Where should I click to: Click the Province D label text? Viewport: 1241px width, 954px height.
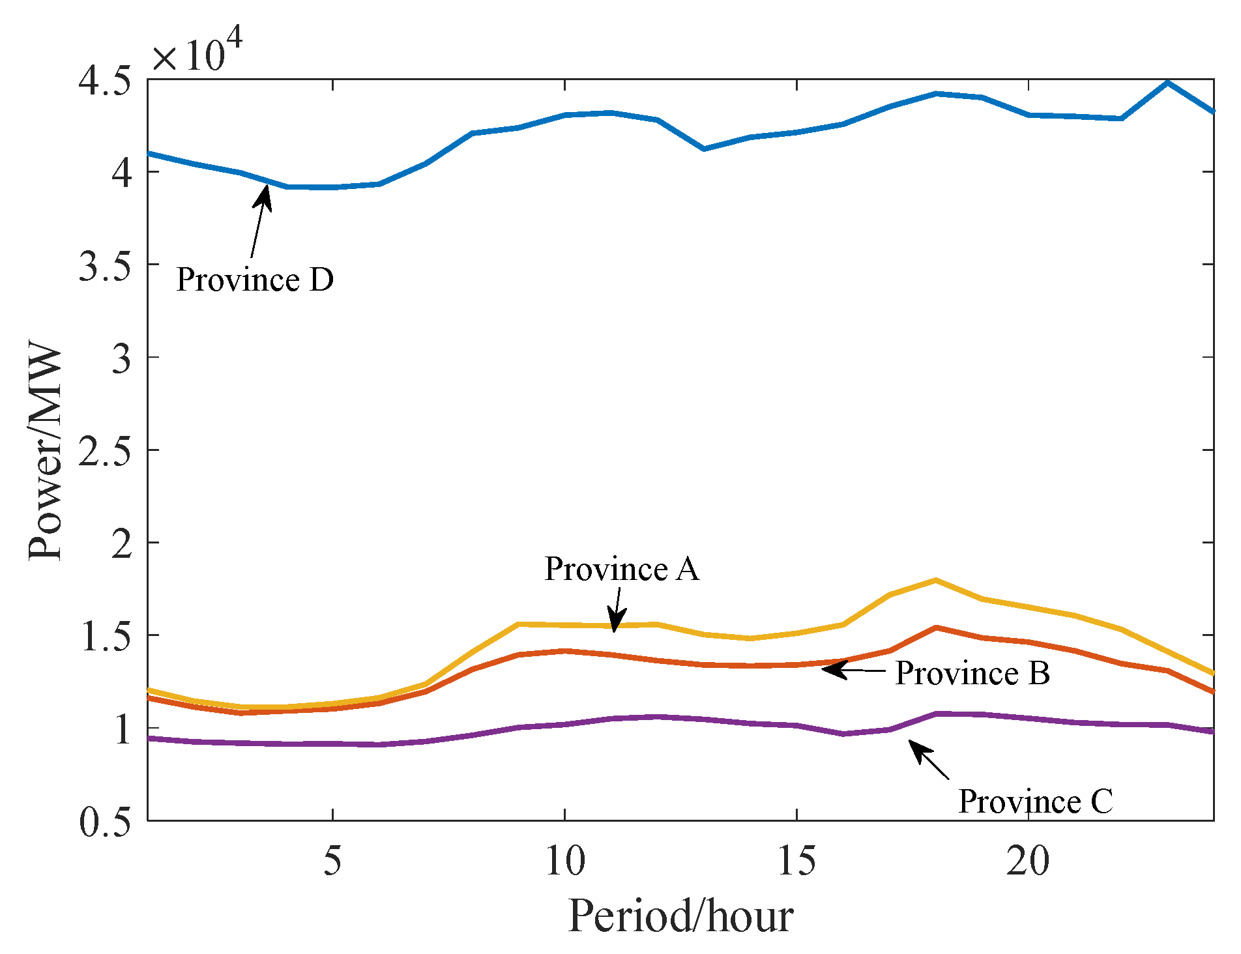(255, 280)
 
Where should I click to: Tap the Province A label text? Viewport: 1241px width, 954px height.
(621, 569)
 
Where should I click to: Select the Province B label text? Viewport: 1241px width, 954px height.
(972, 673)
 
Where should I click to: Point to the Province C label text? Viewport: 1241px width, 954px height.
(1035, 801)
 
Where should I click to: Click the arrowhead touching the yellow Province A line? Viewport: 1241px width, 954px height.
(615, 620)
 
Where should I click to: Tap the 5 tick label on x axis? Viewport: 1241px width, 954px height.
(332, 861)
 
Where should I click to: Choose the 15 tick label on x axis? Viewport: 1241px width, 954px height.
(796, 861)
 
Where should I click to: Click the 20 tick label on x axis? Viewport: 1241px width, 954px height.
(1028, 861)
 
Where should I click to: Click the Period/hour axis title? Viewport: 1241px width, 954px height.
(680, 916)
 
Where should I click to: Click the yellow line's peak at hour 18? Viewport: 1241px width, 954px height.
(935, 580)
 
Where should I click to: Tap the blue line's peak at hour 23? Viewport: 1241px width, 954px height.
(1167, 83)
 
